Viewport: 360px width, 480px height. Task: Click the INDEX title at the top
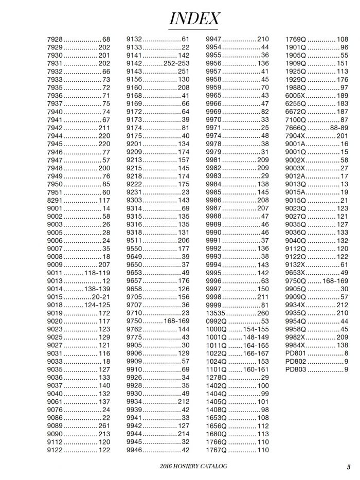pos(194,19)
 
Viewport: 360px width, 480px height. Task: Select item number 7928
pos(55,39)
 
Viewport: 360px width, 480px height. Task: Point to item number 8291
pos(55,200)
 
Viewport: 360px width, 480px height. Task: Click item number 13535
pos(216,313)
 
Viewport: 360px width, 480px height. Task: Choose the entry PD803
pos(295,369)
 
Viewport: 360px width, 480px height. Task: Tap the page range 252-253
pos(176,63)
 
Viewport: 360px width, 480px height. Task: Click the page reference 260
pos(263,313)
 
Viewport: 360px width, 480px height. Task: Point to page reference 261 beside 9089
pos(104,425)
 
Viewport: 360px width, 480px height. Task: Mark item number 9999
pos(213,305)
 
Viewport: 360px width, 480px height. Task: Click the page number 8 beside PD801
pos(346,353)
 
